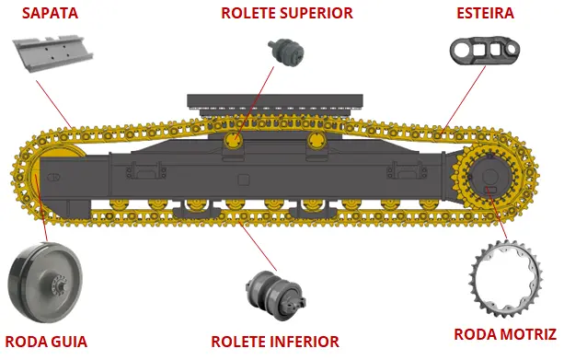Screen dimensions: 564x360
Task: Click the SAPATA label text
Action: (x=50, y=13)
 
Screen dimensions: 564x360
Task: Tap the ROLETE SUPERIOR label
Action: (x=287, y=13)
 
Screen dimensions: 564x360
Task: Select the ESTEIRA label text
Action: (x=485, y=13)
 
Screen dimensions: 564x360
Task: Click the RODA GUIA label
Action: (x=46, y=342)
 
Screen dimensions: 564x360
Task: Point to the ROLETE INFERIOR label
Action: (x=275, y=342)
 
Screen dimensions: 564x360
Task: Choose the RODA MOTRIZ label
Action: (x=505, y=334)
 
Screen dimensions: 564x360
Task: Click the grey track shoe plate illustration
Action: (x=52, y=52)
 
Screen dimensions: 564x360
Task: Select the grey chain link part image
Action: (x=485, y=50)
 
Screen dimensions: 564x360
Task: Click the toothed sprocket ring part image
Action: (x=505, y=279)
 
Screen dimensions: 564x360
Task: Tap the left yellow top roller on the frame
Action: (x=234, y=140)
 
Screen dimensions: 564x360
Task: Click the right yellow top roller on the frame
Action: (x=317, y=140)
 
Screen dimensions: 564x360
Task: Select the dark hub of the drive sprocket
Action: (x=489, y=177)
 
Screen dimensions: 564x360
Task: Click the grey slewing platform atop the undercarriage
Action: (x=275, y=105)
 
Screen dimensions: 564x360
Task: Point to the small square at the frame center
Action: (x=244, y=180)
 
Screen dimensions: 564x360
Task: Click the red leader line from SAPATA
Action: (x=54, y=104)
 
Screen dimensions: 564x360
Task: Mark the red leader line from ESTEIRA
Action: (x=464, y=100)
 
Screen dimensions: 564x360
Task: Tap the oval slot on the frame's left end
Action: (x=53, y=178)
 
